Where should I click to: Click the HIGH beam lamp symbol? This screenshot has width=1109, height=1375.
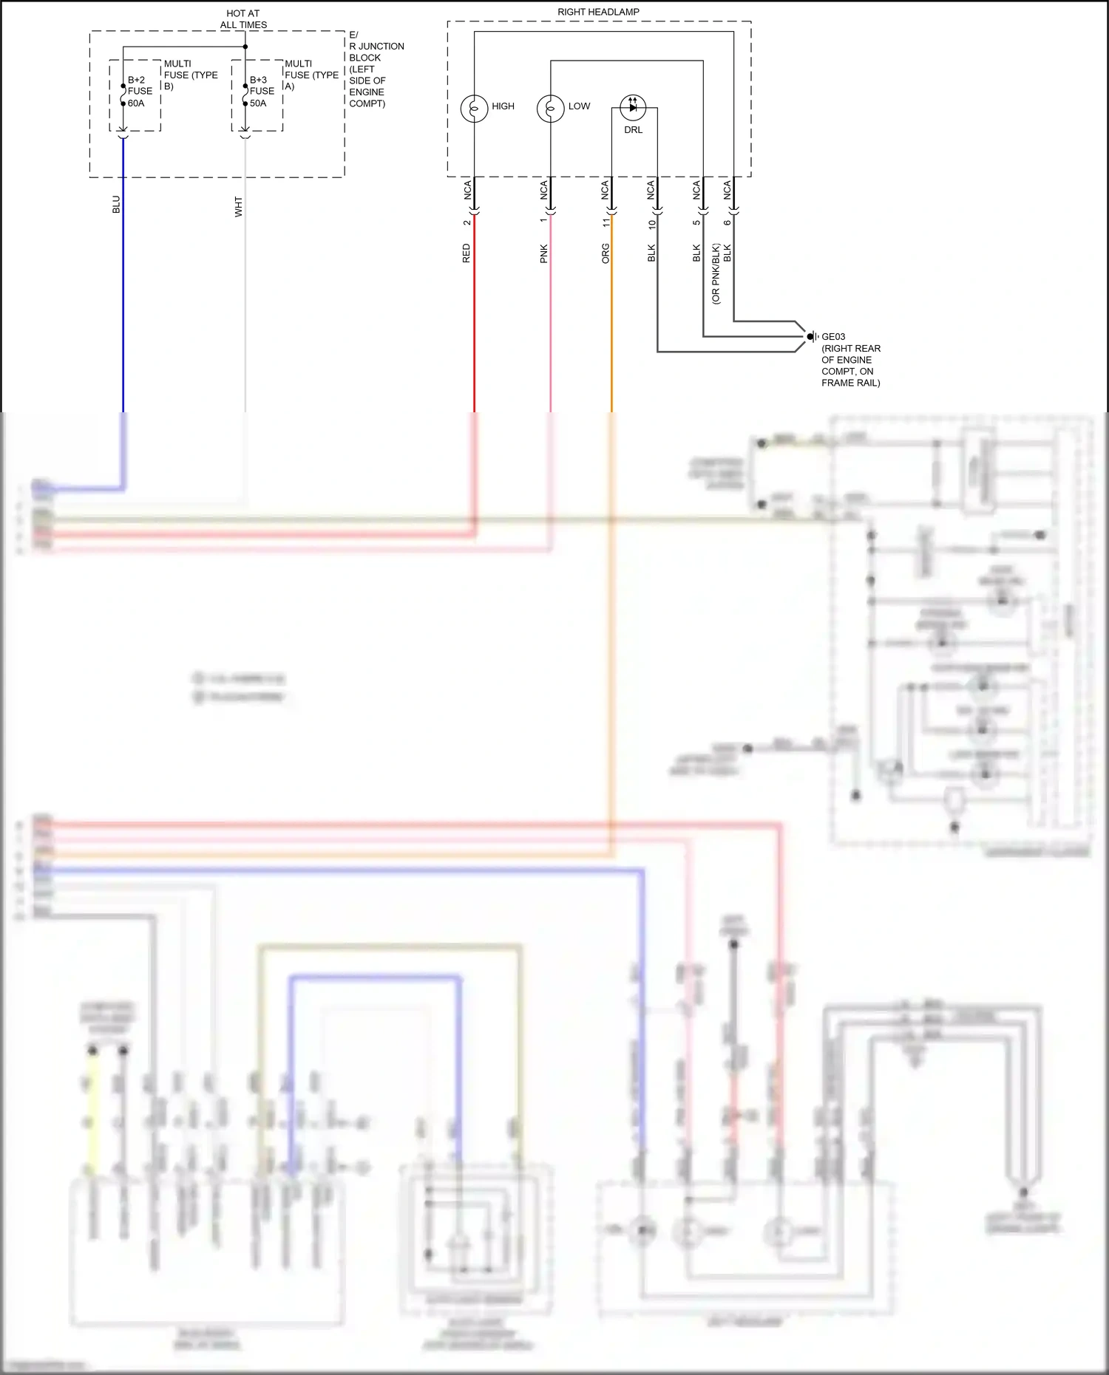point(474,108)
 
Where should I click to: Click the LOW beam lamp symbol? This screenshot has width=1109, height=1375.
point(550,108)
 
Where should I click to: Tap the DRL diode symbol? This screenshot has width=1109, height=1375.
point(632,107)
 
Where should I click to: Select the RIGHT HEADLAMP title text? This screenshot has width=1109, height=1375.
point(598,12)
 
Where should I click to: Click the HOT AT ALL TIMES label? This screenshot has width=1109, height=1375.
point(243,19)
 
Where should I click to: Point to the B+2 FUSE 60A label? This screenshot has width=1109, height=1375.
point(140,92)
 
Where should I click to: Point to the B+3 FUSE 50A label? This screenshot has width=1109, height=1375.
point(262,92)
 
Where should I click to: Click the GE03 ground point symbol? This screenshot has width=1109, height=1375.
point(811,336)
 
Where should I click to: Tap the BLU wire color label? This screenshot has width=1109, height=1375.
point(116,205)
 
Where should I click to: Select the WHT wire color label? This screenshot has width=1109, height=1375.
point(238,206)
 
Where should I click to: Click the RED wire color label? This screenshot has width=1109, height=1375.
point(466,253)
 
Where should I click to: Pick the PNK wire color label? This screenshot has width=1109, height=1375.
point(543,253)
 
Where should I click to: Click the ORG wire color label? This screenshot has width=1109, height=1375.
point(606,253)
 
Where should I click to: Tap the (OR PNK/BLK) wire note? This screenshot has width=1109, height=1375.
point(715,273)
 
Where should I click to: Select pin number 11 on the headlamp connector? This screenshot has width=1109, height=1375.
point(606,222)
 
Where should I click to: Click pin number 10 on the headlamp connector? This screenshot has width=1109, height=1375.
point(651,223)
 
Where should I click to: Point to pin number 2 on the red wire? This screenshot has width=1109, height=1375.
point(467,222)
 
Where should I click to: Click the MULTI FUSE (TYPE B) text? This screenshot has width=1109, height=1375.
point(190,75)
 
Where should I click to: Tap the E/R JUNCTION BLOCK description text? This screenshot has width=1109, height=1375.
point(375,69)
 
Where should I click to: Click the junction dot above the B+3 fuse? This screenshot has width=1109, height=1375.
point(245,47)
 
